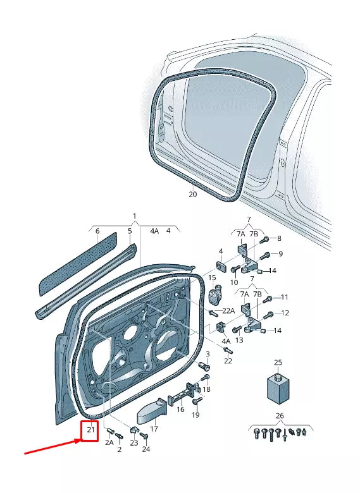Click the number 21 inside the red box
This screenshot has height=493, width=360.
(x=90, y=431)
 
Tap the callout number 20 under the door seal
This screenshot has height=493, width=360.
(x=193, y=195)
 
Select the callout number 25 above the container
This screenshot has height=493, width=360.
(x=278, y=362)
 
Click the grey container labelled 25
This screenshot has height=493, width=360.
(x=277, y=387)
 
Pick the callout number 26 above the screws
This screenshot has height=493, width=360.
(x=280, y=415)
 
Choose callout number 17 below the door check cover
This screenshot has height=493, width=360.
(x=153, y=429)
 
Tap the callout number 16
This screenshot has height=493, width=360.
(x=180, y=410)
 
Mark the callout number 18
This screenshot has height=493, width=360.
(x=207, y=389)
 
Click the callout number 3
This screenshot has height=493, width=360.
(x=207, y=353)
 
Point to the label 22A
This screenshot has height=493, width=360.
(x=228, y=310)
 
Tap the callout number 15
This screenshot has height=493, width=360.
(x=212, y=277)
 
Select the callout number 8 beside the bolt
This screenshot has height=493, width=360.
(x=279, y=238)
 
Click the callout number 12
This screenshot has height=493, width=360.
(x=285, y=313)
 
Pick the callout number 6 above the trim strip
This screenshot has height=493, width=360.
(x=97, y=231)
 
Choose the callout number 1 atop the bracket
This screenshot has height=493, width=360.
(x=134, y=216)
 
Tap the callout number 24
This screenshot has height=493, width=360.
(x=146, y=449)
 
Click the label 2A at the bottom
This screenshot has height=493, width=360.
(x=109, y=443)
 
